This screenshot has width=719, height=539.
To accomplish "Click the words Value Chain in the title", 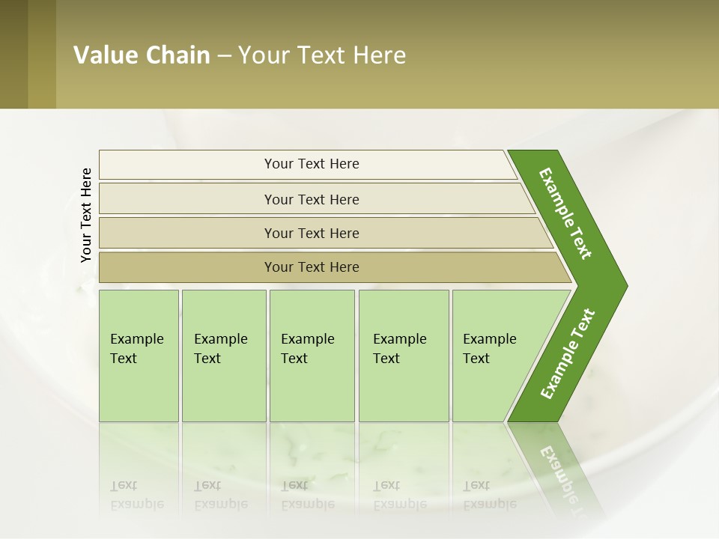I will pos(142,55).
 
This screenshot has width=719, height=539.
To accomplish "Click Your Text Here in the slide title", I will pos(322,55).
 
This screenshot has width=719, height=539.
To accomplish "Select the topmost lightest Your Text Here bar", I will pos(312,164).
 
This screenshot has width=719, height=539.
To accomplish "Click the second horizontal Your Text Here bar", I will pos(312,199).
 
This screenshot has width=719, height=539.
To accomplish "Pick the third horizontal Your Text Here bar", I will pos(312,233).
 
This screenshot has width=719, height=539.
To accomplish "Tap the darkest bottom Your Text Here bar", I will pos(312,267).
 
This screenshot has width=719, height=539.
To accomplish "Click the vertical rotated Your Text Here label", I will pos(86,215).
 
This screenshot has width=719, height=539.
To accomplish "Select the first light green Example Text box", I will pos(139,356).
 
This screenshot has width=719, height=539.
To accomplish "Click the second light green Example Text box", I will pos(223,356).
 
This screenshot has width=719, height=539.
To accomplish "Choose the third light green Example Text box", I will pos(312,356).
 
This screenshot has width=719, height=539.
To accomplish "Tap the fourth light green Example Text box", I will pos(403,356).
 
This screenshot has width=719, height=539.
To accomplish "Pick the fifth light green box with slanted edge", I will pos(494,356).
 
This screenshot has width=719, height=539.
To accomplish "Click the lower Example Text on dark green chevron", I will pos(567,354).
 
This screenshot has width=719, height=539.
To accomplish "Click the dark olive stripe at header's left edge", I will pos(13,54).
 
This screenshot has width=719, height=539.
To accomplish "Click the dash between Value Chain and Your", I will pos(224,56).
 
